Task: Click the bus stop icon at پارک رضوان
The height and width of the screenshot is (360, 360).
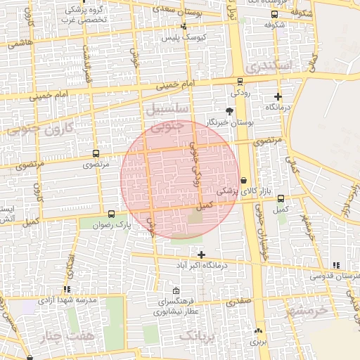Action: (111, 214)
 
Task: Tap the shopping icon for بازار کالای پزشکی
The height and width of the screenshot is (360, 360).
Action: (243, 180)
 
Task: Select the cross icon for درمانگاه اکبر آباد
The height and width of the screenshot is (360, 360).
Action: (202, 254)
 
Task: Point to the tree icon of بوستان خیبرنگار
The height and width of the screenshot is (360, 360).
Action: (229, 110)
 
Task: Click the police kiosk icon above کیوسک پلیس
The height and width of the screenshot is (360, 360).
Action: (184, 26)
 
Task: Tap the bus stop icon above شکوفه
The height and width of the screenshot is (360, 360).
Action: (274, 14)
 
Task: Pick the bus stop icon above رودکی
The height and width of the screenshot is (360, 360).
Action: (241, 82)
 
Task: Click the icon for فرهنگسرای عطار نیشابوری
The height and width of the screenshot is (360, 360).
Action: (175, 291)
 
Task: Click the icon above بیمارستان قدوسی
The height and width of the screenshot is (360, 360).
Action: (336, 264)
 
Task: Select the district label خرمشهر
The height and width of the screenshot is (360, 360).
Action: (307, 309)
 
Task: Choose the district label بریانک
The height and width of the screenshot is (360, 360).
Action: (198, 337)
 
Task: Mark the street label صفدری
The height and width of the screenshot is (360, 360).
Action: (238, 300)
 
